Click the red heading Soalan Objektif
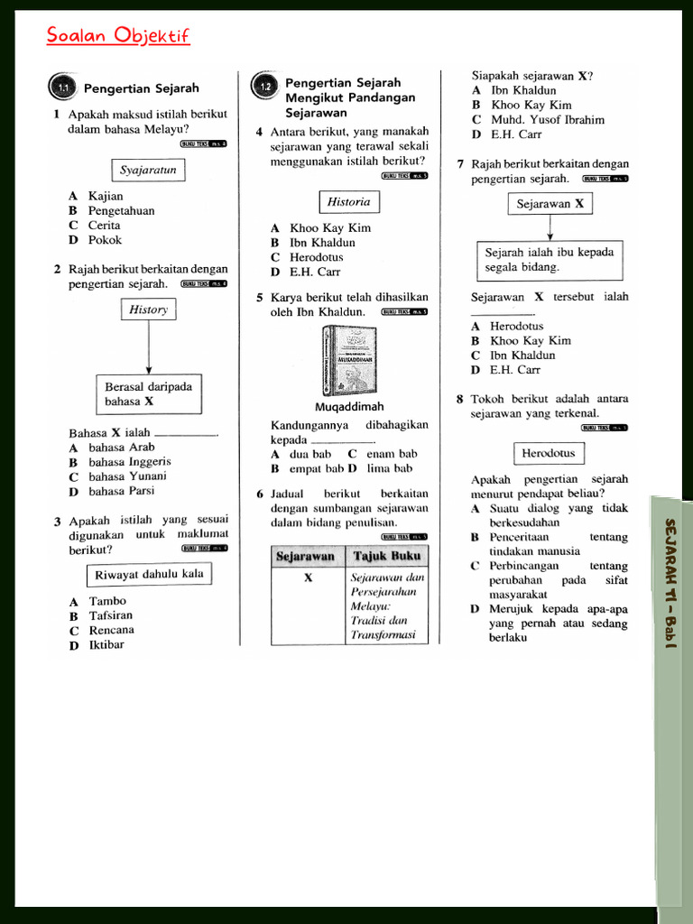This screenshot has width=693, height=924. pos(118,36)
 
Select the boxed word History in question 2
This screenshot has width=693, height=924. pos(149,310)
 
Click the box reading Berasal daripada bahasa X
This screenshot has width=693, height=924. pos(149,394)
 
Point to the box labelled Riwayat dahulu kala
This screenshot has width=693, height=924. pos(149,574)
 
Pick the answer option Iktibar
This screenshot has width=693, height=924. pos(106,644)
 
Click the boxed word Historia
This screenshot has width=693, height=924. pos(348,201)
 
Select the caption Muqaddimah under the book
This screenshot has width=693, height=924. pos(349,407)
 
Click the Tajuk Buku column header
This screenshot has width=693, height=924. pos(386,556)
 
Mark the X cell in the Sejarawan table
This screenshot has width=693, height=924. pos(308,577)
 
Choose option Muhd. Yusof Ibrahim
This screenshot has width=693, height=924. pos(548,119)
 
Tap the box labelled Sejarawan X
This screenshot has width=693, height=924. pos(550,204)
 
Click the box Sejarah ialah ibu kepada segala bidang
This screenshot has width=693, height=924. pos(550,260)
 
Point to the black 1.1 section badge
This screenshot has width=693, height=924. pos(62,88)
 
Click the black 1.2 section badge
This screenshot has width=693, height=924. pos(264,87)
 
